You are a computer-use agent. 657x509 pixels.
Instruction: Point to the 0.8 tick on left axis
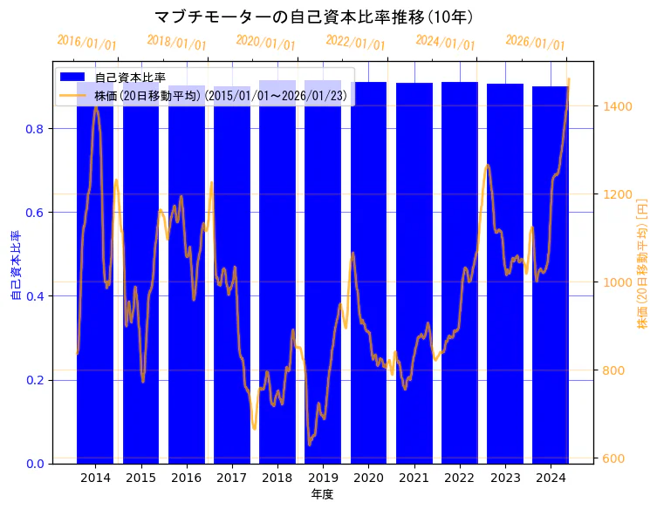coord(38,129)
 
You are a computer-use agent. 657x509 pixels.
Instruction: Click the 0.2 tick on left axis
coord(38,380)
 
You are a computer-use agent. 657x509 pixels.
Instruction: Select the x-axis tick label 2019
coord(323,478)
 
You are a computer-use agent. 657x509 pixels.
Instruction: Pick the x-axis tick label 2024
coord(551,478)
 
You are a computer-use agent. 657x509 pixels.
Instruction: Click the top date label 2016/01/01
coord(86,43)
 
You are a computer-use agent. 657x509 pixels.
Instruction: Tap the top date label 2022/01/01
coord(355,43)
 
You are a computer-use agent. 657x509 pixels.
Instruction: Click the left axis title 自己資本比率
coord(16,266)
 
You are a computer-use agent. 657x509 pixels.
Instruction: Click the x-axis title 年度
coord(322,494)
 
